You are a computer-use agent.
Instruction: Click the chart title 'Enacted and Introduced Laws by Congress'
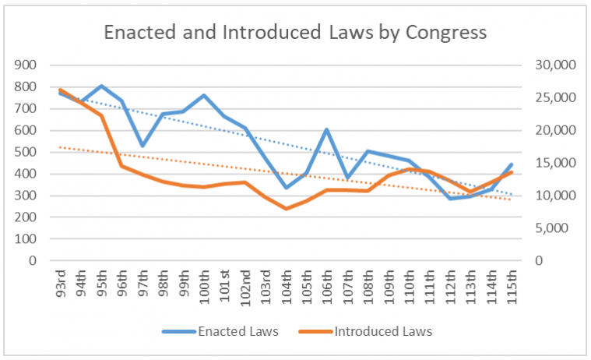tap(295, 33)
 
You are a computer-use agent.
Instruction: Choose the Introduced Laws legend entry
tap(373, 331)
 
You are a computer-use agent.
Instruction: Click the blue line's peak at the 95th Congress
tap(101, 86)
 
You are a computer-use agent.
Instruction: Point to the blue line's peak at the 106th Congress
tap(327, 129)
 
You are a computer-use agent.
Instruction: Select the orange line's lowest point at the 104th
tap(286, 209)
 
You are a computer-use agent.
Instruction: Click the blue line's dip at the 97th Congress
tap(142, 146)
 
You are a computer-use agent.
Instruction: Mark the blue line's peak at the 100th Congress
tap(203, 95)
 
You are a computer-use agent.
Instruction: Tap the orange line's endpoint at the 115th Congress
tap(512, 172)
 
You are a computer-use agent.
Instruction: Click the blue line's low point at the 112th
tap(450, 199)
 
